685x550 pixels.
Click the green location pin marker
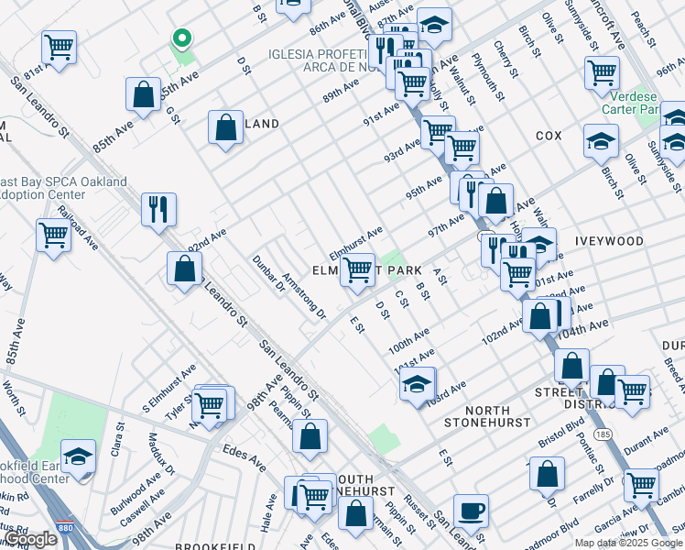(182, 38)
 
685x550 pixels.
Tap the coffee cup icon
(471, 511)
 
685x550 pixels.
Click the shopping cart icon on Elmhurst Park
(358, 269)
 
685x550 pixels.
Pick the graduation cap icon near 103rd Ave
(417, 383)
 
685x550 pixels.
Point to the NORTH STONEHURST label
(486, 416)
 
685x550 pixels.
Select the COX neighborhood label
(549, 135)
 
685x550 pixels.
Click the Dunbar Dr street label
(268, 272)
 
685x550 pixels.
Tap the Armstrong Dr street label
(304, 295)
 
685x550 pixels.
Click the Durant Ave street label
(647, 441)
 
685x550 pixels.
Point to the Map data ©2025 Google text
(627, 543)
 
